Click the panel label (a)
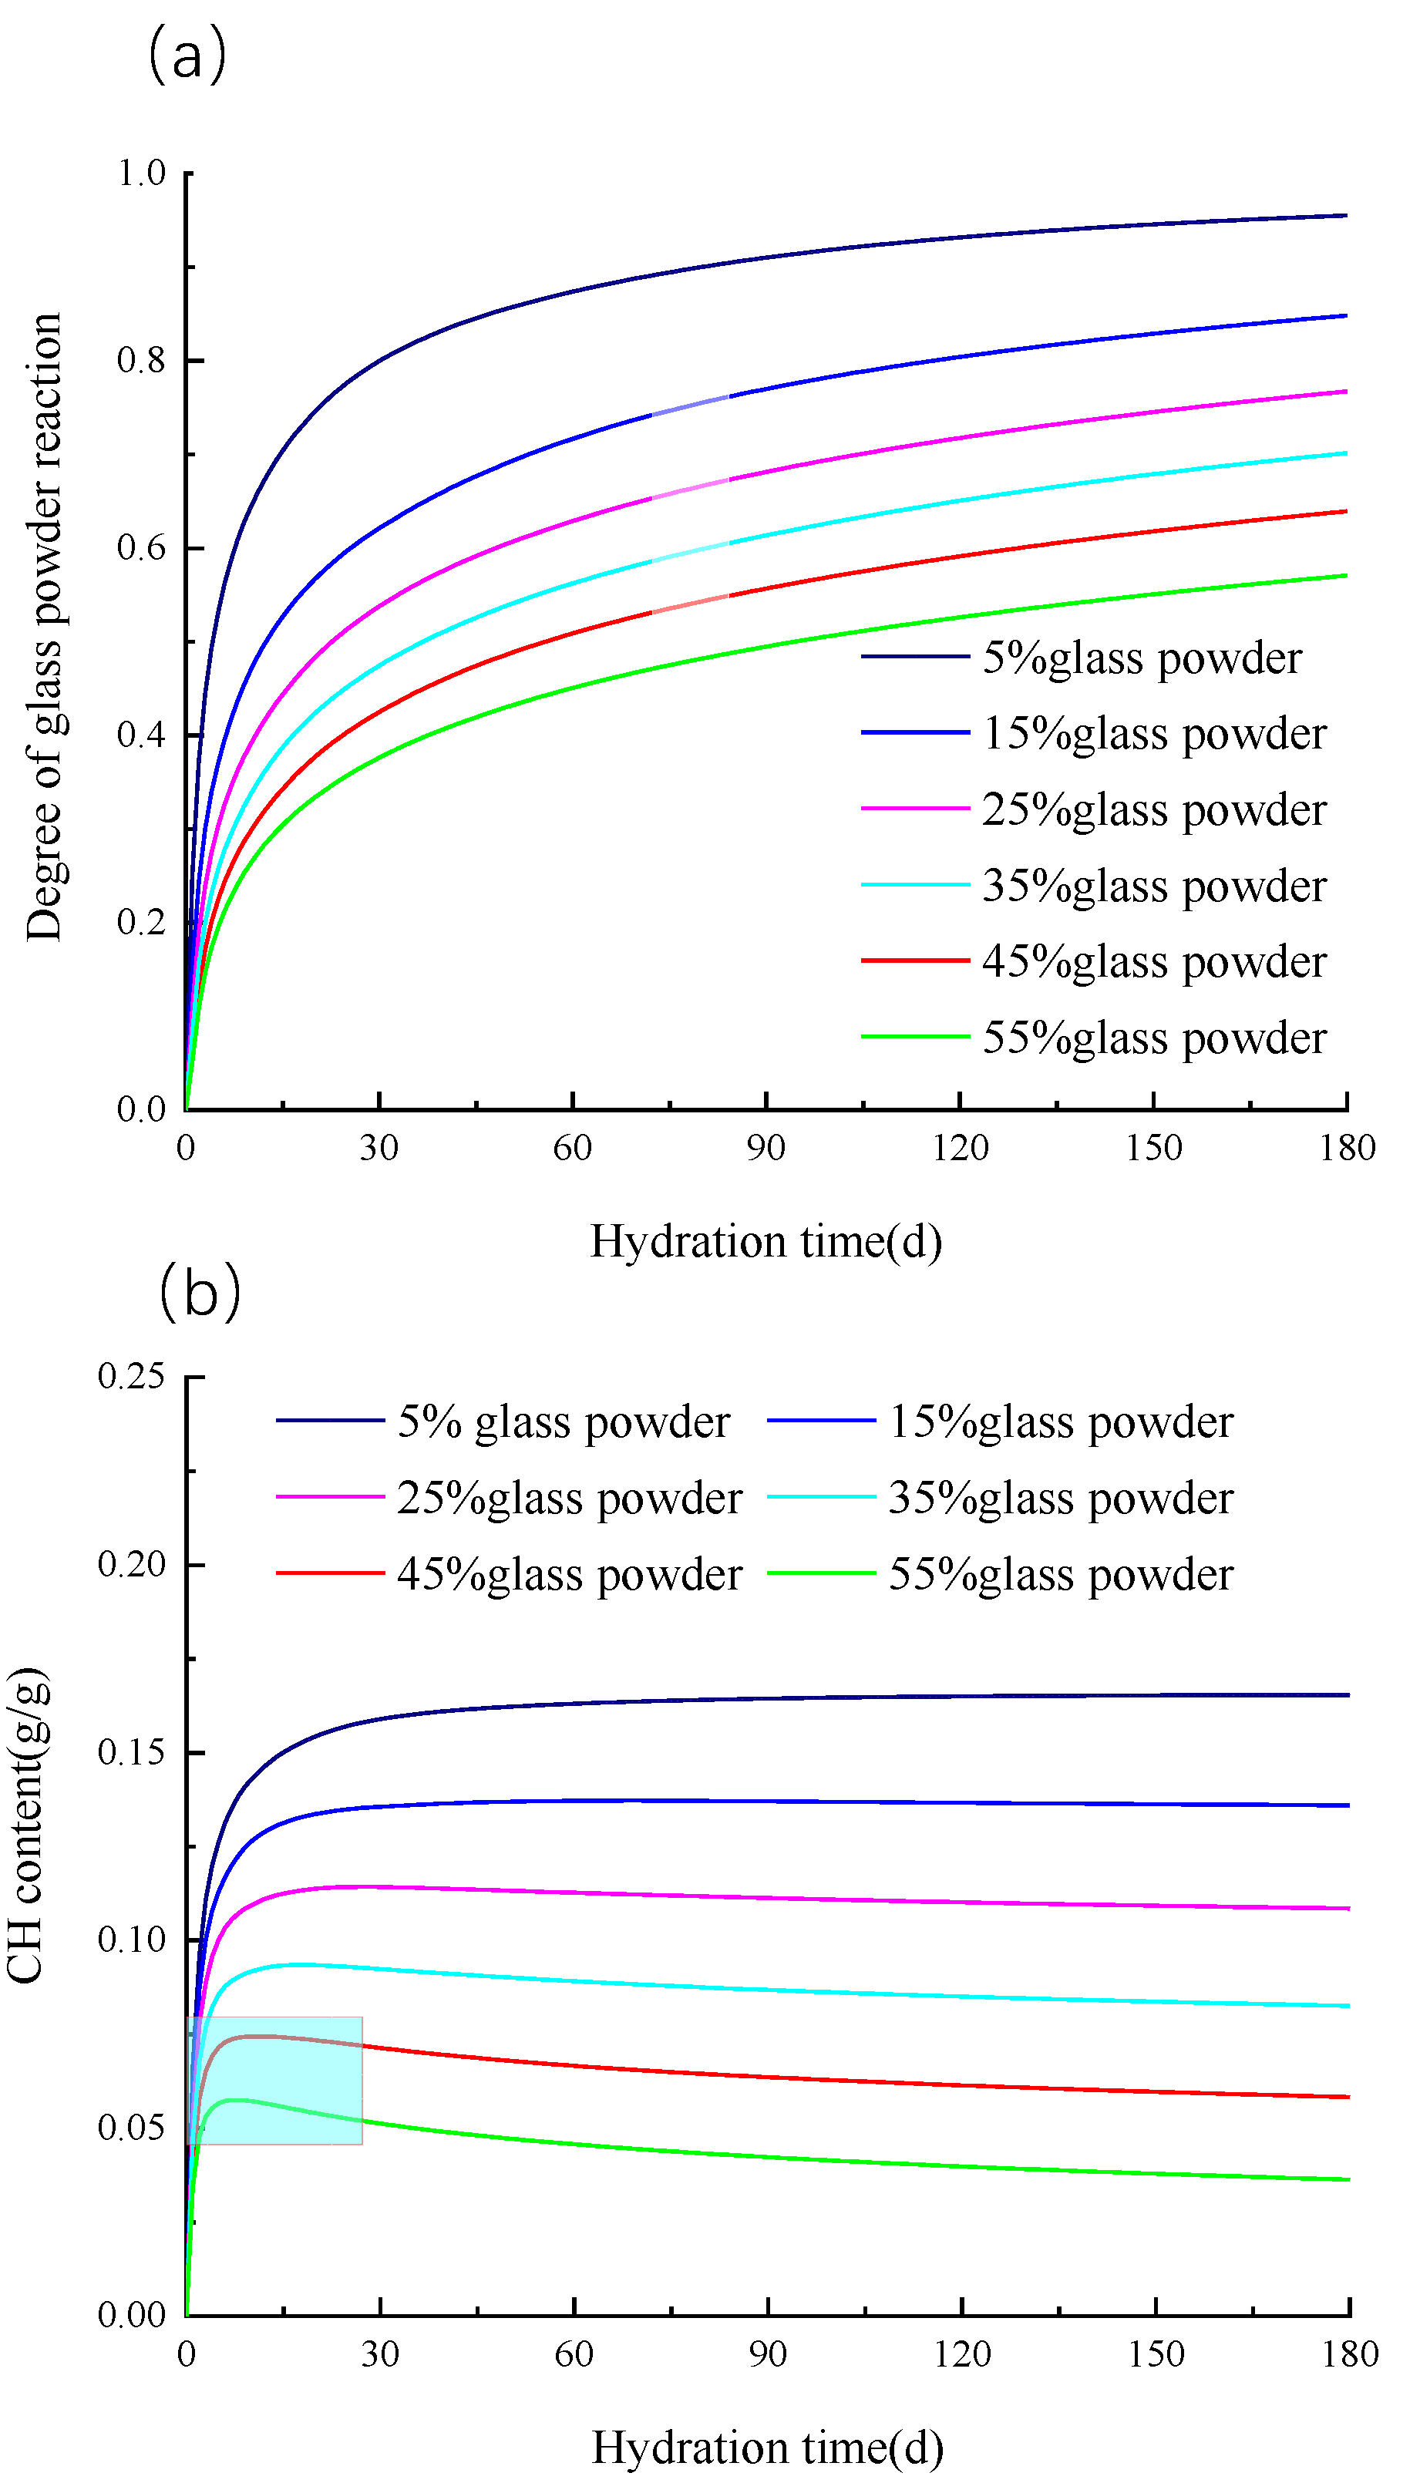coord(187,56)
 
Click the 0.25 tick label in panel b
coord(132,1376)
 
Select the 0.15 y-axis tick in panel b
coord(132,1752)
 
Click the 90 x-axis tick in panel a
coord(766,1148)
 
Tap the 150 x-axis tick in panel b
coord(1156,2354)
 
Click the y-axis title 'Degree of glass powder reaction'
coord(45,626)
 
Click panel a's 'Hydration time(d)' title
coord(766,1241)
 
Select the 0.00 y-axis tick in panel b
coord(132,2315)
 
